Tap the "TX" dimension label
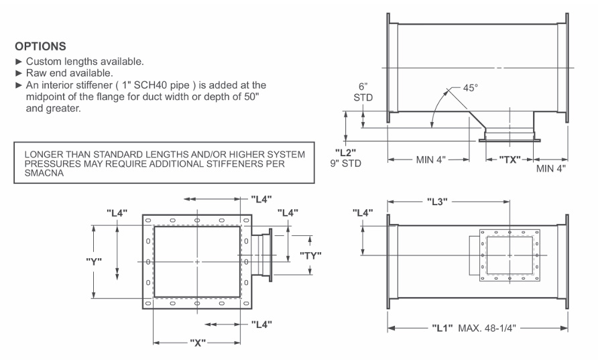pos(510,161)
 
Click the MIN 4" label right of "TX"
pos(550,167)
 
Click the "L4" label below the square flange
pos(263,324)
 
